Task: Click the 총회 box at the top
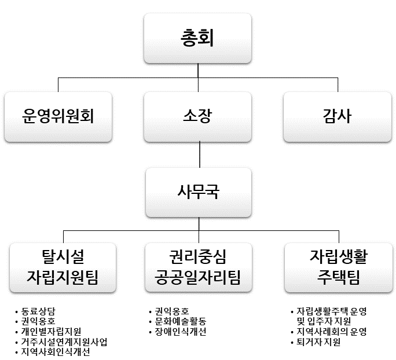[x=198, y=38]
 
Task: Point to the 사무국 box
[x=198, y=191]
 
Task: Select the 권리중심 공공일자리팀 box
[x=198, y=266]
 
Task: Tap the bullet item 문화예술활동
[x=177, y=321]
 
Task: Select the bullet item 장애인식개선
[x=177, y=332]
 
